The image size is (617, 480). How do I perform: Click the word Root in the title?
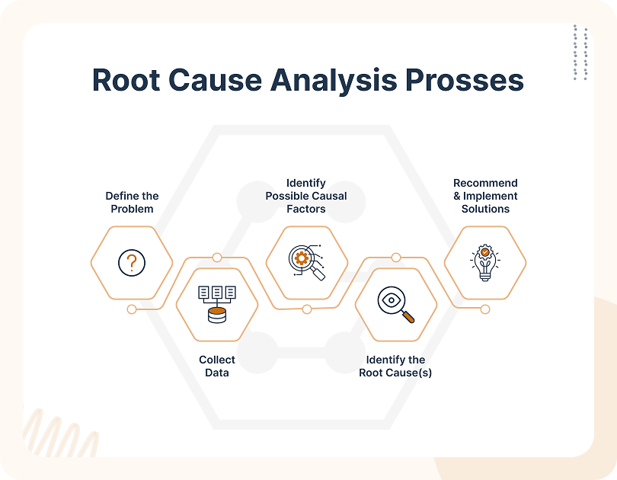(x=126, y=80)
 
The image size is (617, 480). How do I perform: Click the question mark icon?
(x=132, y=263)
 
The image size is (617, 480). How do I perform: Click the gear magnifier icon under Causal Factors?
(x=306, y=262)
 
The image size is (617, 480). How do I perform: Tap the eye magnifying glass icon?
(x=395, y=303)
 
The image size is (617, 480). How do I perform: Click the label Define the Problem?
(x=132, y=202)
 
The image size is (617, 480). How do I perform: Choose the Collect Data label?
(x=217, y=366)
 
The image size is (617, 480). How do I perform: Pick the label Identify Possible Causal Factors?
(x=306, y=196)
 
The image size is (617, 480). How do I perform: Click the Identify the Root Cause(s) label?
(x=395, y=366)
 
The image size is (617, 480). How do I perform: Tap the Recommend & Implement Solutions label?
(x=485, y=196)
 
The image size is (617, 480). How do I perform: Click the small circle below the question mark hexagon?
(x=132, y=309)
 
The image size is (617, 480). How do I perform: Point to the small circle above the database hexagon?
(x=217, y=258)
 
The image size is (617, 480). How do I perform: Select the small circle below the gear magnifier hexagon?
(x=306, y=309)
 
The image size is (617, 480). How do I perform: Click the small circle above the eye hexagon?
(x=395, y=258)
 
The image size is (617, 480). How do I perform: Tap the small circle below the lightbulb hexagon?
(x=485, y=309)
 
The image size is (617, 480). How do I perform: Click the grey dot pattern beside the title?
(x=580, y=52)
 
